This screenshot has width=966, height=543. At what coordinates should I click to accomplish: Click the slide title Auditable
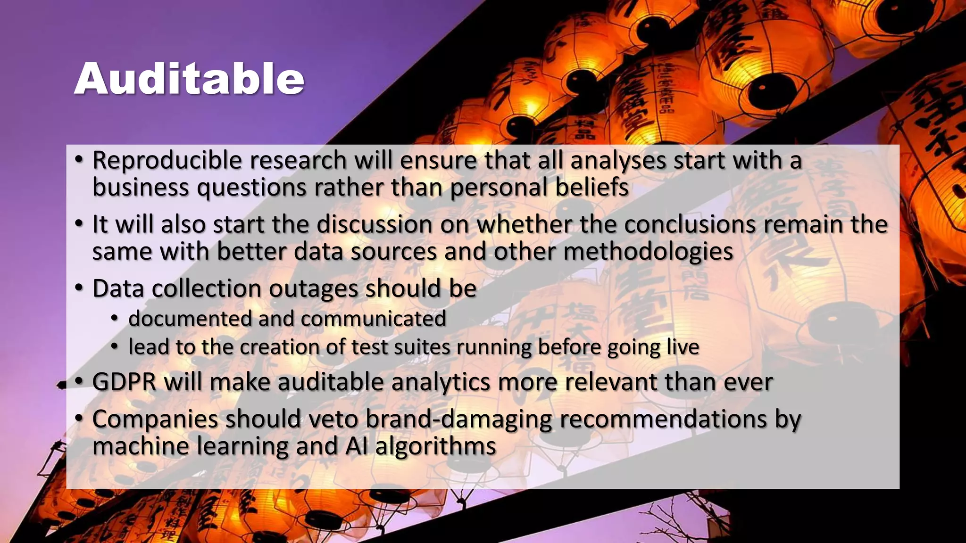pos(189,79)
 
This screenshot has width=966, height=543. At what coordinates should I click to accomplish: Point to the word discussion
pos(375,224)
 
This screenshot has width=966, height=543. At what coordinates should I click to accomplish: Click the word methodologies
pos(648,252)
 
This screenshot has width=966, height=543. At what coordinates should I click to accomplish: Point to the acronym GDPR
pos(124,382)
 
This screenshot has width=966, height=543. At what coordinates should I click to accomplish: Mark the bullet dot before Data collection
pos(79,288)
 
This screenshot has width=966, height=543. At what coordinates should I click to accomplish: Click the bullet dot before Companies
pos(79,418)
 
